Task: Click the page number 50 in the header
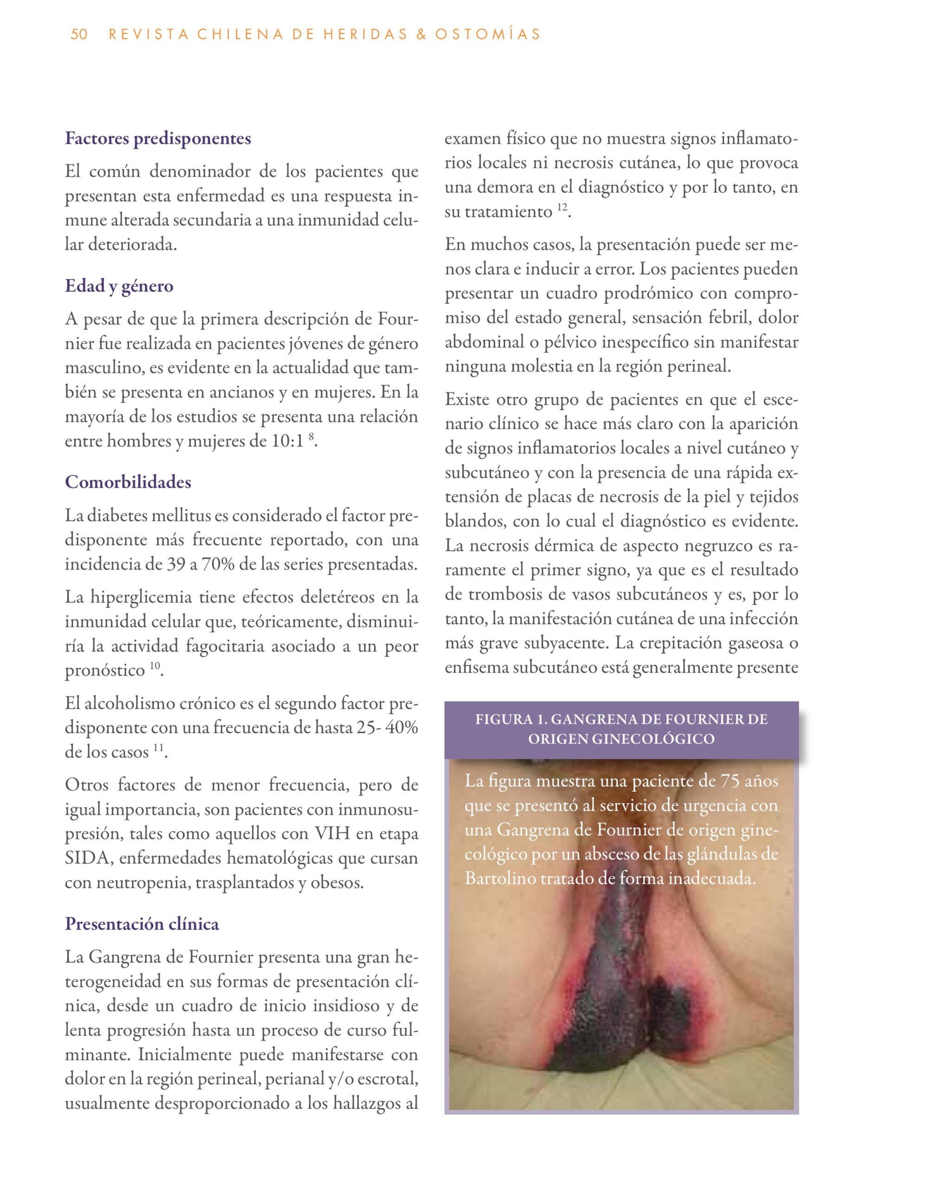(79, 35)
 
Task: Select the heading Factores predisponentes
(158, 139)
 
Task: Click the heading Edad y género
(119, 286)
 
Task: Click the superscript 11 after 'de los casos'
(158, 748)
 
